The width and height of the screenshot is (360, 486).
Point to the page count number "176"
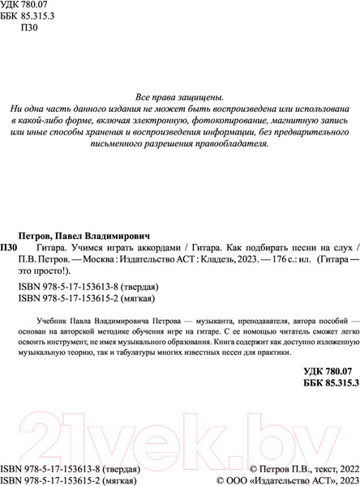(x=323, y=258)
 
